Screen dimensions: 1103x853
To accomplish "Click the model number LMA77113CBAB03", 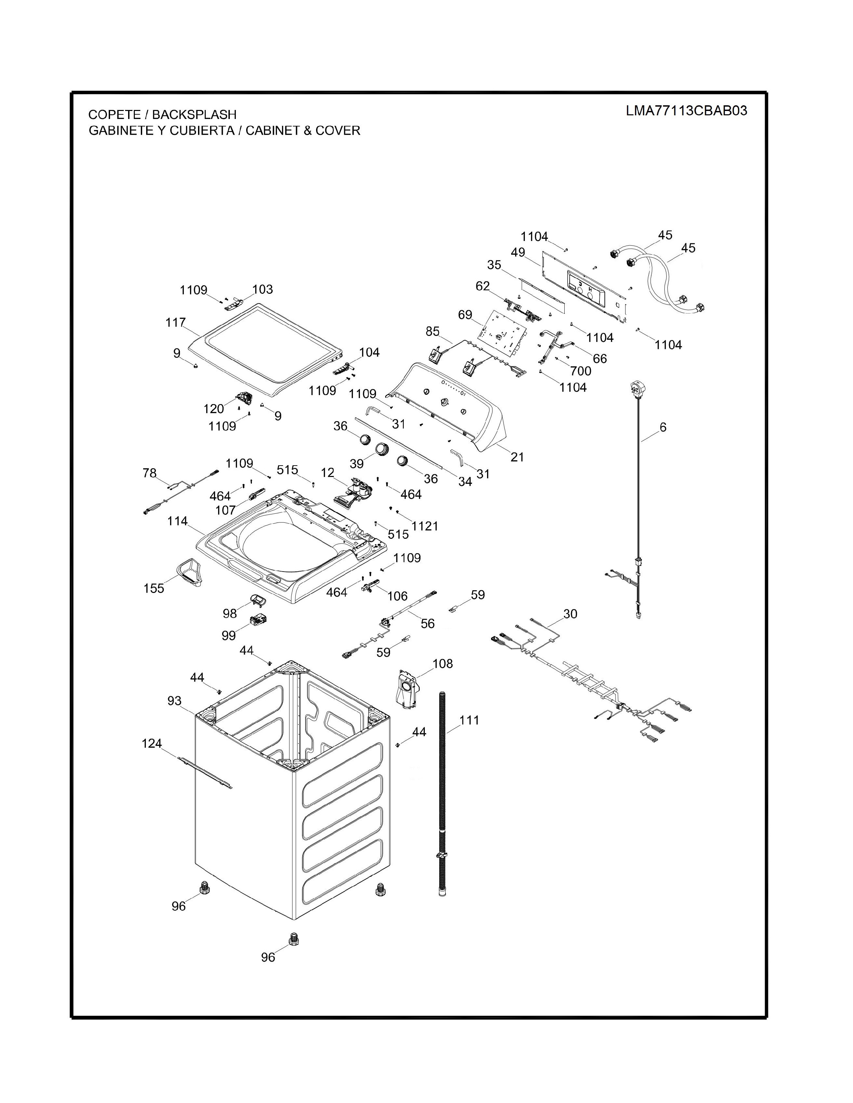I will (x=686, y=111).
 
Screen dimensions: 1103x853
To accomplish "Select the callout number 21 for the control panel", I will (x=517, y=457).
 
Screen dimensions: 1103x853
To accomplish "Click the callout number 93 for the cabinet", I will (x=174, y=701).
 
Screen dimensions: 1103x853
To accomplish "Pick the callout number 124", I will (x=152, y=743).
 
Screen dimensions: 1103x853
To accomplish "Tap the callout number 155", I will (x=154, y=588).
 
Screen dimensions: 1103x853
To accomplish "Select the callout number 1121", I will (x=424, y=526).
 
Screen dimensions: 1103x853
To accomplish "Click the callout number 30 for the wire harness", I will (x=570, y=614).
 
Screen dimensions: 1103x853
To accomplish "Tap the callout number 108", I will (x=443, y=663).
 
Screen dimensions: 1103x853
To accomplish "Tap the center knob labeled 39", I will (x=383, y=449).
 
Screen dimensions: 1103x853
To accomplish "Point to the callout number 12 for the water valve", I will (x=327, y=473).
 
